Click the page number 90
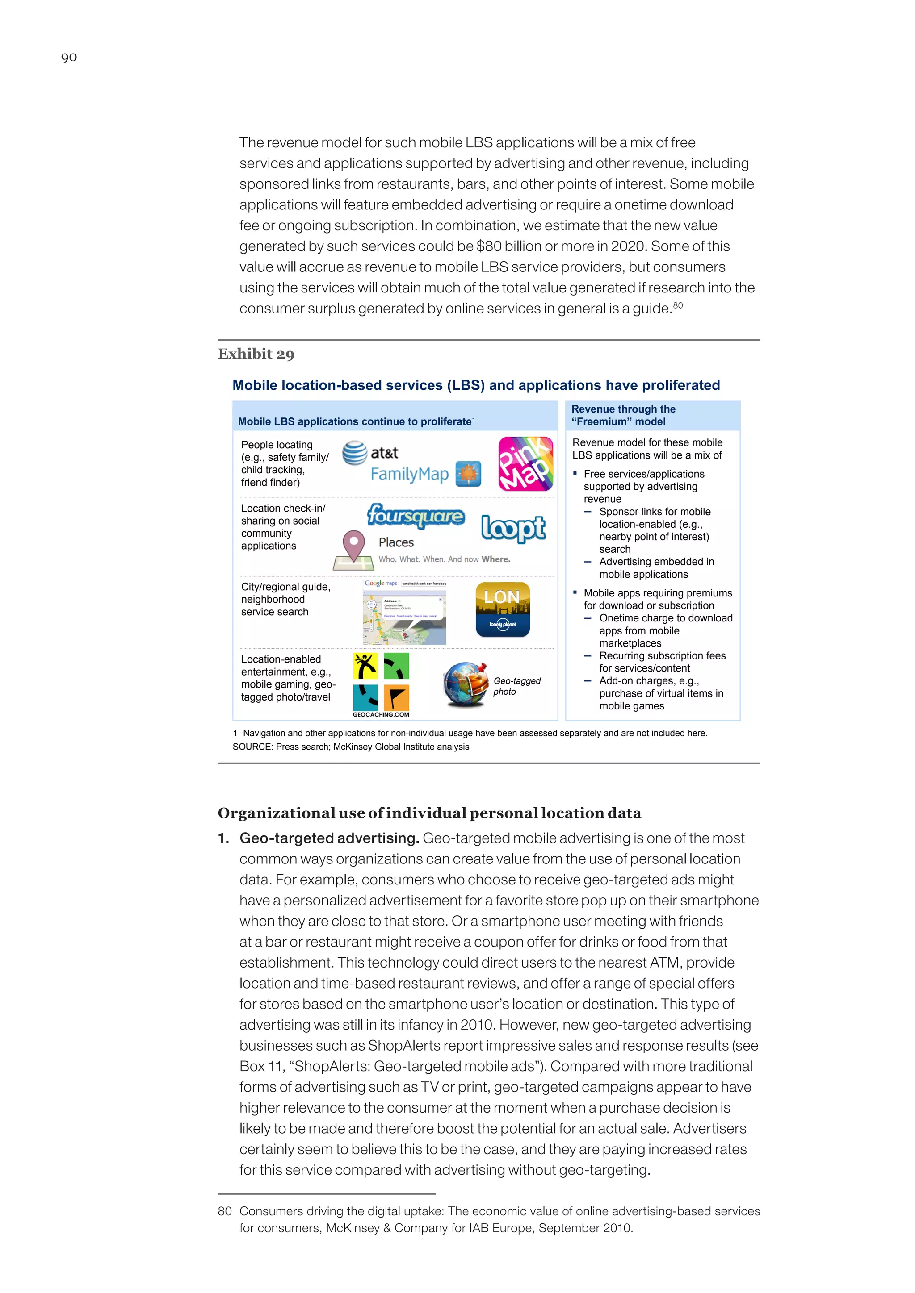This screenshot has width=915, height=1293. click(69, 58)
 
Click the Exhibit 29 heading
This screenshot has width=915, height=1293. click(256, 354)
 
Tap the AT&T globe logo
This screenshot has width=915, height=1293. click(355, 453)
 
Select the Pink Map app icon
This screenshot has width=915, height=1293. click(525, 463)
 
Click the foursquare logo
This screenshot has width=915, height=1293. click(416, 515)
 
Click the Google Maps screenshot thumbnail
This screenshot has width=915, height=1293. click(404, 613)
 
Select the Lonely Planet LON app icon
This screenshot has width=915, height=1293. click(503, 609)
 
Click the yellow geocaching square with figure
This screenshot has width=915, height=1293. click(365, 666)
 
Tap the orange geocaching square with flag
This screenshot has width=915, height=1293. click(396, 698)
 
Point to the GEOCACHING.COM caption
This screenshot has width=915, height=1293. click(381, 715)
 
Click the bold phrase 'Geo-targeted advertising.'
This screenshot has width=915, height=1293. click(329, 838)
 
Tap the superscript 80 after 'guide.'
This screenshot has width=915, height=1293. click(678, 305)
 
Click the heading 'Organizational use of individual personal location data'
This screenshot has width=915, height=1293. click(429, 813)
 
